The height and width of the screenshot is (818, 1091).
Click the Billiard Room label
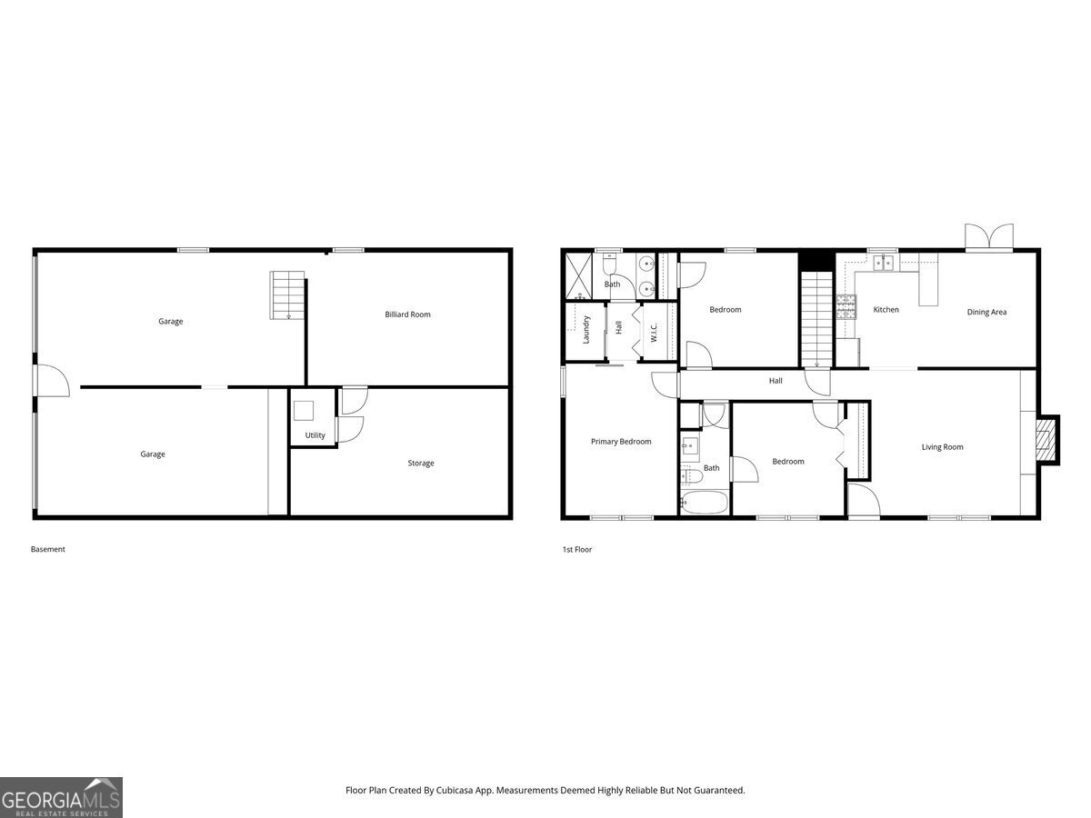coord(407,314)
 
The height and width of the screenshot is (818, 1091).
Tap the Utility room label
coord(315,435)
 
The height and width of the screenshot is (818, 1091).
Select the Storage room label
coord(420,464)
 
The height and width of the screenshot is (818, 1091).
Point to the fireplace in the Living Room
coord(1047,440)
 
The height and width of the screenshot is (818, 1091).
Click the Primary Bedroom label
coord(621,442)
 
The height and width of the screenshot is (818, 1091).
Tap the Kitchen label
coord(886,310)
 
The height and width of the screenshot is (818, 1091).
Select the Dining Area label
coord(986,313)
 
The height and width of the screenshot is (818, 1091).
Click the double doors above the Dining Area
coord(988,238)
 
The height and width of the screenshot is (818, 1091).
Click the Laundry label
coord(587,328)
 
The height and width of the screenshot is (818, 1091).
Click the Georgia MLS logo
coord(61,797)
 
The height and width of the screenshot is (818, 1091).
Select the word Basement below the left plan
coord(48,549)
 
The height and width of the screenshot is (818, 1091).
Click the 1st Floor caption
coord(576,549)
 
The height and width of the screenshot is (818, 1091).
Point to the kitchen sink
coord(883,264)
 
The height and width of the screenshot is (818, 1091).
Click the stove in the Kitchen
coord(846,306)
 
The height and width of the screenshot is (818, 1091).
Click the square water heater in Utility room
coord(304,410)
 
